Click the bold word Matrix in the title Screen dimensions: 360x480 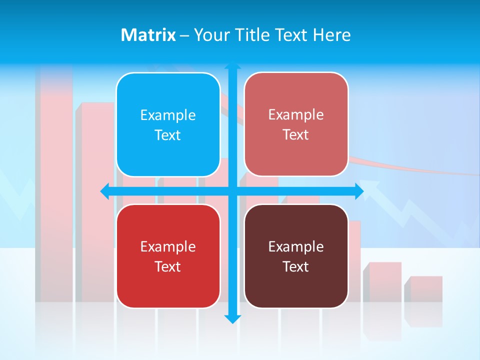click(x=148, y=35)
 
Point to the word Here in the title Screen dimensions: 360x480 click(x=332, y=35)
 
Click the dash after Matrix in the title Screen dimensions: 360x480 click(x=184, y=35)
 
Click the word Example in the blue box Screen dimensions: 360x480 click(x=168, y=115)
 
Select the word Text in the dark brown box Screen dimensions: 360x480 click(x=296, y=267)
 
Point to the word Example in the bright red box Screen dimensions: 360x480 click(x=168, y=246)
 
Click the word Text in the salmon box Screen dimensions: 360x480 click(x=296, y=135)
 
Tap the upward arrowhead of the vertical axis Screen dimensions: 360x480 click(x=232, y=65)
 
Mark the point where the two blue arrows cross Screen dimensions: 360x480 click(x=232, y=191)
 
